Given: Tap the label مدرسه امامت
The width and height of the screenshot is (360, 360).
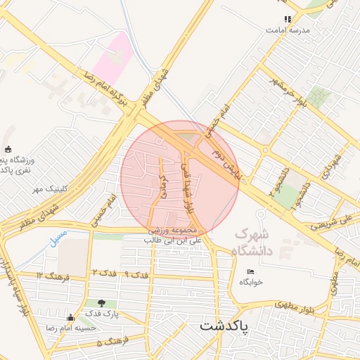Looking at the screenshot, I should click(x=287, y=31).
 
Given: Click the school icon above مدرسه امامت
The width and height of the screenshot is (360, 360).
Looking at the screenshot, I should click(x=287, y=19).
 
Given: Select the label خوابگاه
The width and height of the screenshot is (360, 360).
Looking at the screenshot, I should click(x=250, y=282).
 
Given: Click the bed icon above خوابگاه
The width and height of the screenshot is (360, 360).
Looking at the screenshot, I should click(x=250, y=272).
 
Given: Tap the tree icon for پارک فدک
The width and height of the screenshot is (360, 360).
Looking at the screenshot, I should click(x=102, y=303).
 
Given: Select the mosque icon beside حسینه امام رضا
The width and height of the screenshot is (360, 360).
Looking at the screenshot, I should click(x=70, y=318).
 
